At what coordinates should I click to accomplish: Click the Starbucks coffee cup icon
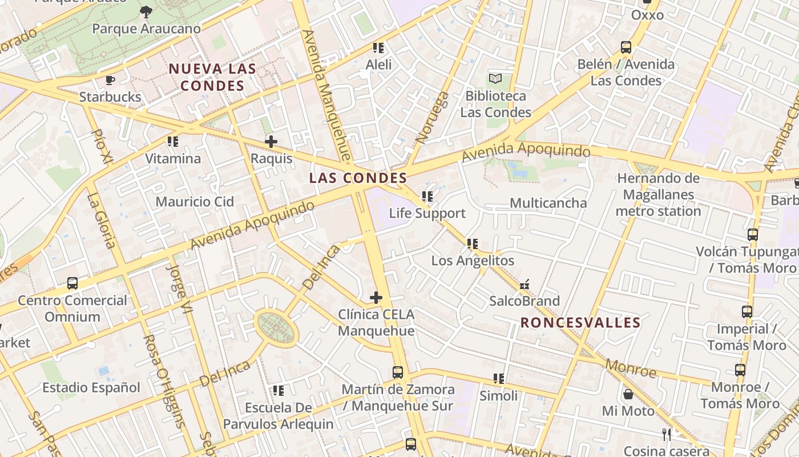pos(110,80)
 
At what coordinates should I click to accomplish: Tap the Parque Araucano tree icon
pos(146,11)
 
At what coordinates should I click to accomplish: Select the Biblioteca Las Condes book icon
pos(495,78)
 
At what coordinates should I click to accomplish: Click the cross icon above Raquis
pos(271,141)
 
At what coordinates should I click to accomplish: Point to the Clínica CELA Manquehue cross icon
pos(376,297)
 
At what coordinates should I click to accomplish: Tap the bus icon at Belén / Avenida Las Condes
pos(626,47)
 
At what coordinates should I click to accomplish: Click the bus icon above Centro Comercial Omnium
pos(72,283)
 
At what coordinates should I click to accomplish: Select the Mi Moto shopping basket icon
pos(628,394)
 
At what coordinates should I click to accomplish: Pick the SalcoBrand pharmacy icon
pos(524,284)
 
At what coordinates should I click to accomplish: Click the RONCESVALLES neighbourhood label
pos(580,323)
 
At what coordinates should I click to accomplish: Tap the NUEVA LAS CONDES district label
pos(212,78)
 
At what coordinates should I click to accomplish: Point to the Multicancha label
pos(548,203)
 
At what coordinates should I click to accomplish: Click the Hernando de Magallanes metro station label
pos(658,195)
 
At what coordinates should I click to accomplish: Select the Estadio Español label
pos(91,388)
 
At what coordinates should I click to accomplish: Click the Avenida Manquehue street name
pos(325,94)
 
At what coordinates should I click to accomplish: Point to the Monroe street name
pos(631,368)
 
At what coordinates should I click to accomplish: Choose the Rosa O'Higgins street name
pos(163,380)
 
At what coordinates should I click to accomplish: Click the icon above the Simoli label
pos(499,379)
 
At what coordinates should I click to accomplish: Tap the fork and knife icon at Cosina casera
pos(667,434)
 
